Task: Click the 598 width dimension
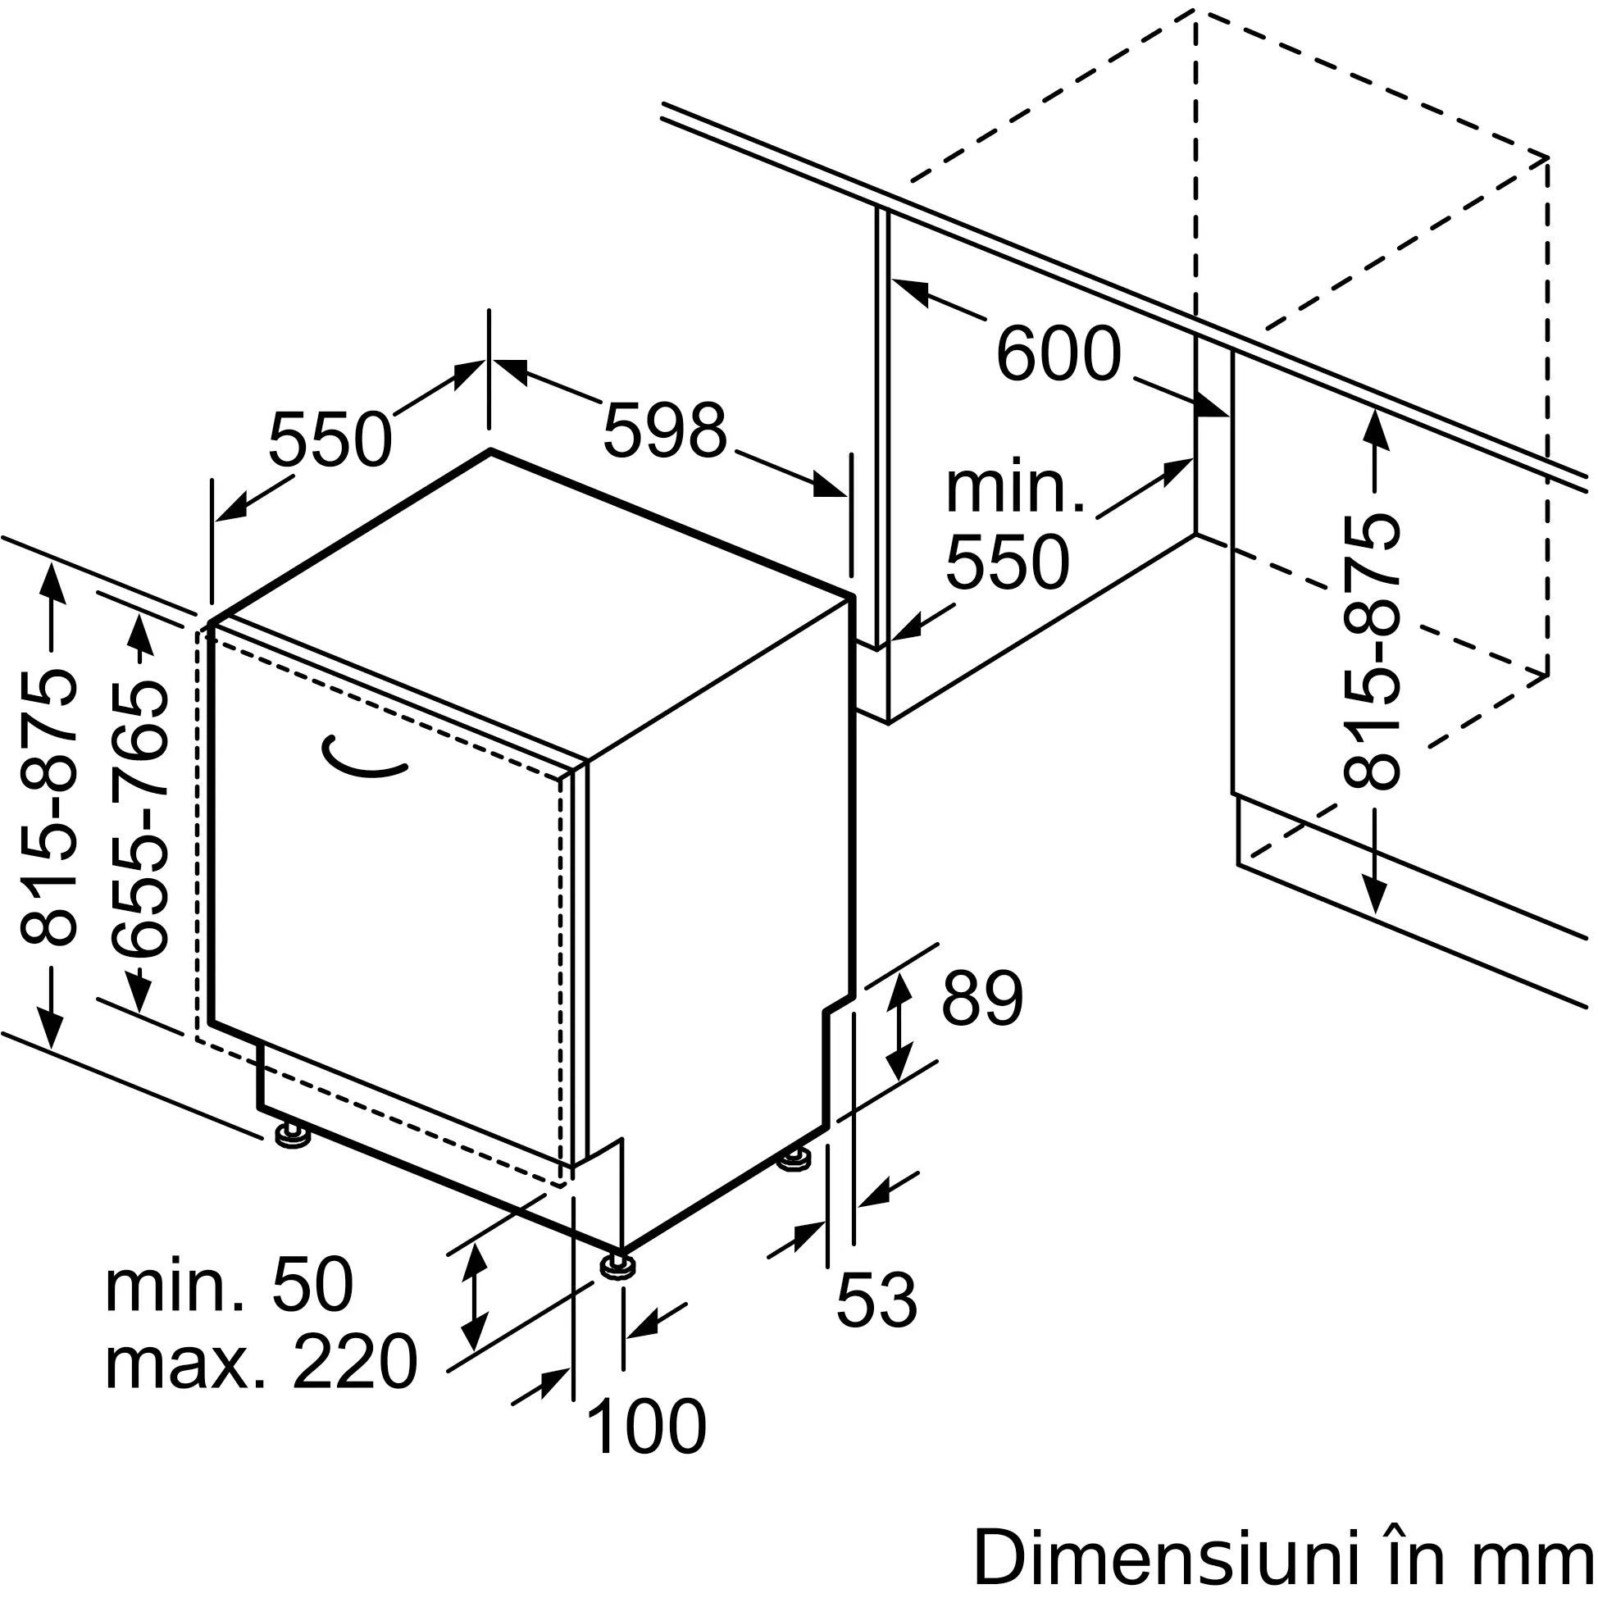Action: pos(664,430)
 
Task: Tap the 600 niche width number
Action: pos(1058,354)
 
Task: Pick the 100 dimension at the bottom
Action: pos(646,1427)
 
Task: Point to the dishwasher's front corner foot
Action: pos(619,1288)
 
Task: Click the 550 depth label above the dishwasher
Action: pos(330,438)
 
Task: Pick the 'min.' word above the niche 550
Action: pos(1014,490)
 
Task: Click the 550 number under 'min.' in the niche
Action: pos(1008,562)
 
